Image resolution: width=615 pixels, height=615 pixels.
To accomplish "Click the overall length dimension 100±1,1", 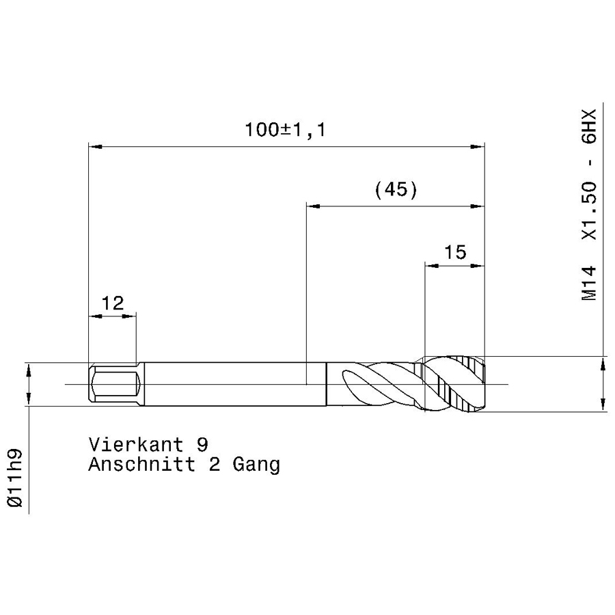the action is pyautogui.click(x=286, y=130).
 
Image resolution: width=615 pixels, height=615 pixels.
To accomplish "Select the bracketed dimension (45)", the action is pyautogui.click(x=396, y=190).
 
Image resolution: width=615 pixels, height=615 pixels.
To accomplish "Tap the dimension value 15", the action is pyautogui.click(x=455, y=252).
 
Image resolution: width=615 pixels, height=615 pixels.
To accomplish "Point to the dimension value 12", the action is pyautogui.click(x=113, y=303).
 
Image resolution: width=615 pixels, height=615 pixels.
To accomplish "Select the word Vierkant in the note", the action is pyautogui.click(x=136, y=444).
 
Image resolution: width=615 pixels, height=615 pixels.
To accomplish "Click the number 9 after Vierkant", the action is pyautogui.click(x=202, y=444).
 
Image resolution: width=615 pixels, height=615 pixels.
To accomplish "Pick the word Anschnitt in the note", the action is pyautogui.click(x=141, y=465).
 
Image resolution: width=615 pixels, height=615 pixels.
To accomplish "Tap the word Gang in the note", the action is pyautogui.click(x=256, y=465).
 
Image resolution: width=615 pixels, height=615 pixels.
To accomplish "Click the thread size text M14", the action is pyautogui.click(x=589, y=283).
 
